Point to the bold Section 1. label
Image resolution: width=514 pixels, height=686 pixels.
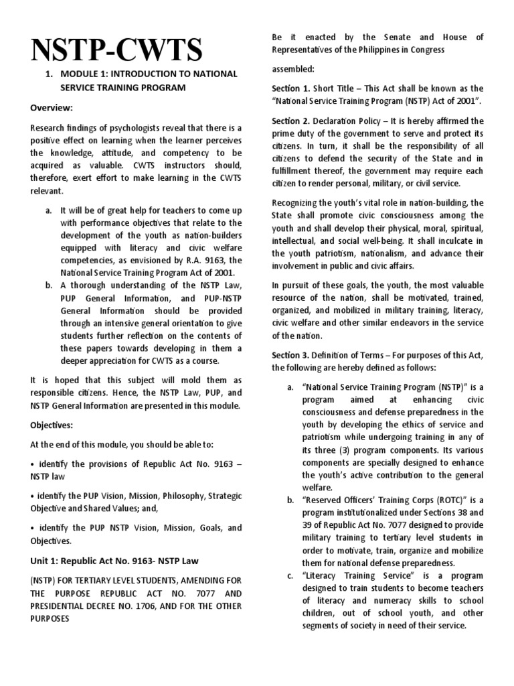(291, 88)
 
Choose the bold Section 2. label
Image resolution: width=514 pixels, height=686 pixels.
(291, 121)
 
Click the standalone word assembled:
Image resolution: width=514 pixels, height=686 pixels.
(293, 69)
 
